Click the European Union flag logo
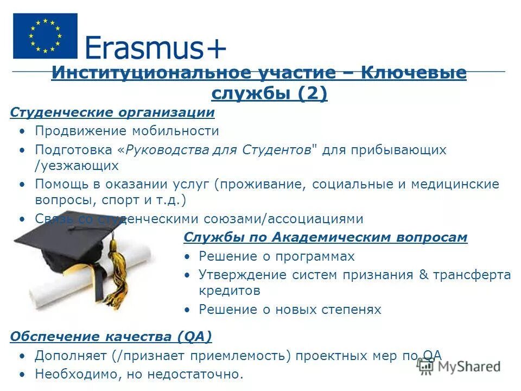(45, 36)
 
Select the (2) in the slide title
(312, 94)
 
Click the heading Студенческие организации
(112, 112)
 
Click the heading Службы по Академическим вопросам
(326, 237)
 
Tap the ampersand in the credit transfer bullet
(424, 275)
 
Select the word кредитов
(230, 291)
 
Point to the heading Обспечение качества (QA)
(111, 337)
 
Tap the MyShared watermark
(459, 366)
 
